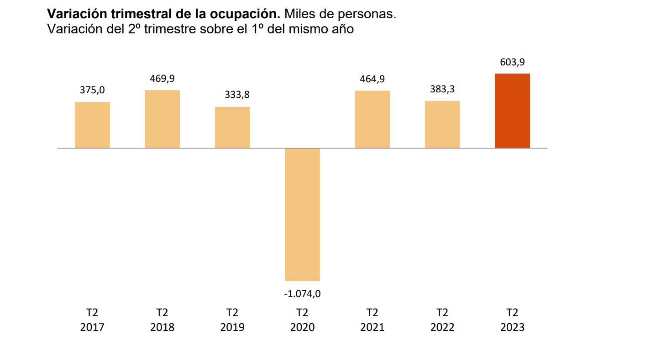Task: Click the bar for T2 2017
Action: (x=92, y=125)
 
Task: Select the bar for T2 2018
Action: (x=163, y=119)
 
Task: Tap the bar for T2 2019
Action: (x=232, y=127)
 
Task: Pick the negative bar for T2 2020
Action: (x=302, y=214)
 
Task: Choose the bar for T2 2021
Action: (x=373, y=119)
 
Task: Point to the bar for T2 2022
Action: (x=442, y=124)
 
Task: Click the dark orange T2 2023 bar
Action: (x=512, y=111)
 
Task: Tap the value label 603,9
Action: (x=512, y=62)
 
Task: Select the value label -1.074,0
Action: (x=302, y=294)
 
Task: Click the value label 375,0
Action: (x=92, y=90)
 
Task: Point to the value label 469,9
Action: (x=163, y=79)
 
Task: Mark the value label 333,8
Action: (x=237, y=96)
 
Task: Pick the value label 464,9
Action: (x=373, y=79)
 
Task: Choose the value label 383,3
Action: (x=442, y=89)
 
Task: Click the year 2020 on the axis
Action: (x=302, y=328)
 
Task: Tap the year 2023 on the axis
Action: (x=512, y=328)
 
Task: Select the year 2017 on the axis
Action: (x=92, y=328)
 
